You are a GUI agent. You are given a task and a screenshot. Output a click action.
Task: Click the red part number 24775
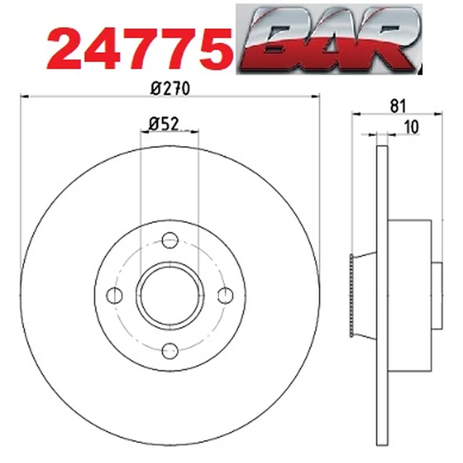pyautogui.click(x=139, y=49)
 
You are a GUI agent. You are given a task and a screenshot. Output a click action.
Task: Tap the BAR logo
pyautogui.click(x=329, y=39)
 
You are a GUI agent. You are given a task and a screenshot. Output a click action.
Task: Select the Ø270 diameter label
pyautogui.click(x=169, y=88)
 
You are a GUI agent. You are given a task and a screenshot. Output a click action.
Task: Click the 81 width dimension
pyautogui.click(x=398, y=106)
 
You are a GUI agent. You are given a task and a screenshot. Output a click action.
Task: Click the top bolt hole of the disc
pyautogui.click(x=170, y=240)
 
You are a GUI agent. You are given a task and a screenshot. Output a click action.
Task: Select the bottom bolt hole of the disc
pyautogui.click(x=170, y=351)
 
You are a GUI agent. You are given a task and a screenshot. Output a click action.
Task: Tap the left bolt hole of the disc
pyautogui.click(x=114, y=295)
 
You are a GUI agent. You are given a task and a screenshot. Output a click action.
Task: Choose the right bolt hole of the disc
pyautogui.click(x=225, y=295)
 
